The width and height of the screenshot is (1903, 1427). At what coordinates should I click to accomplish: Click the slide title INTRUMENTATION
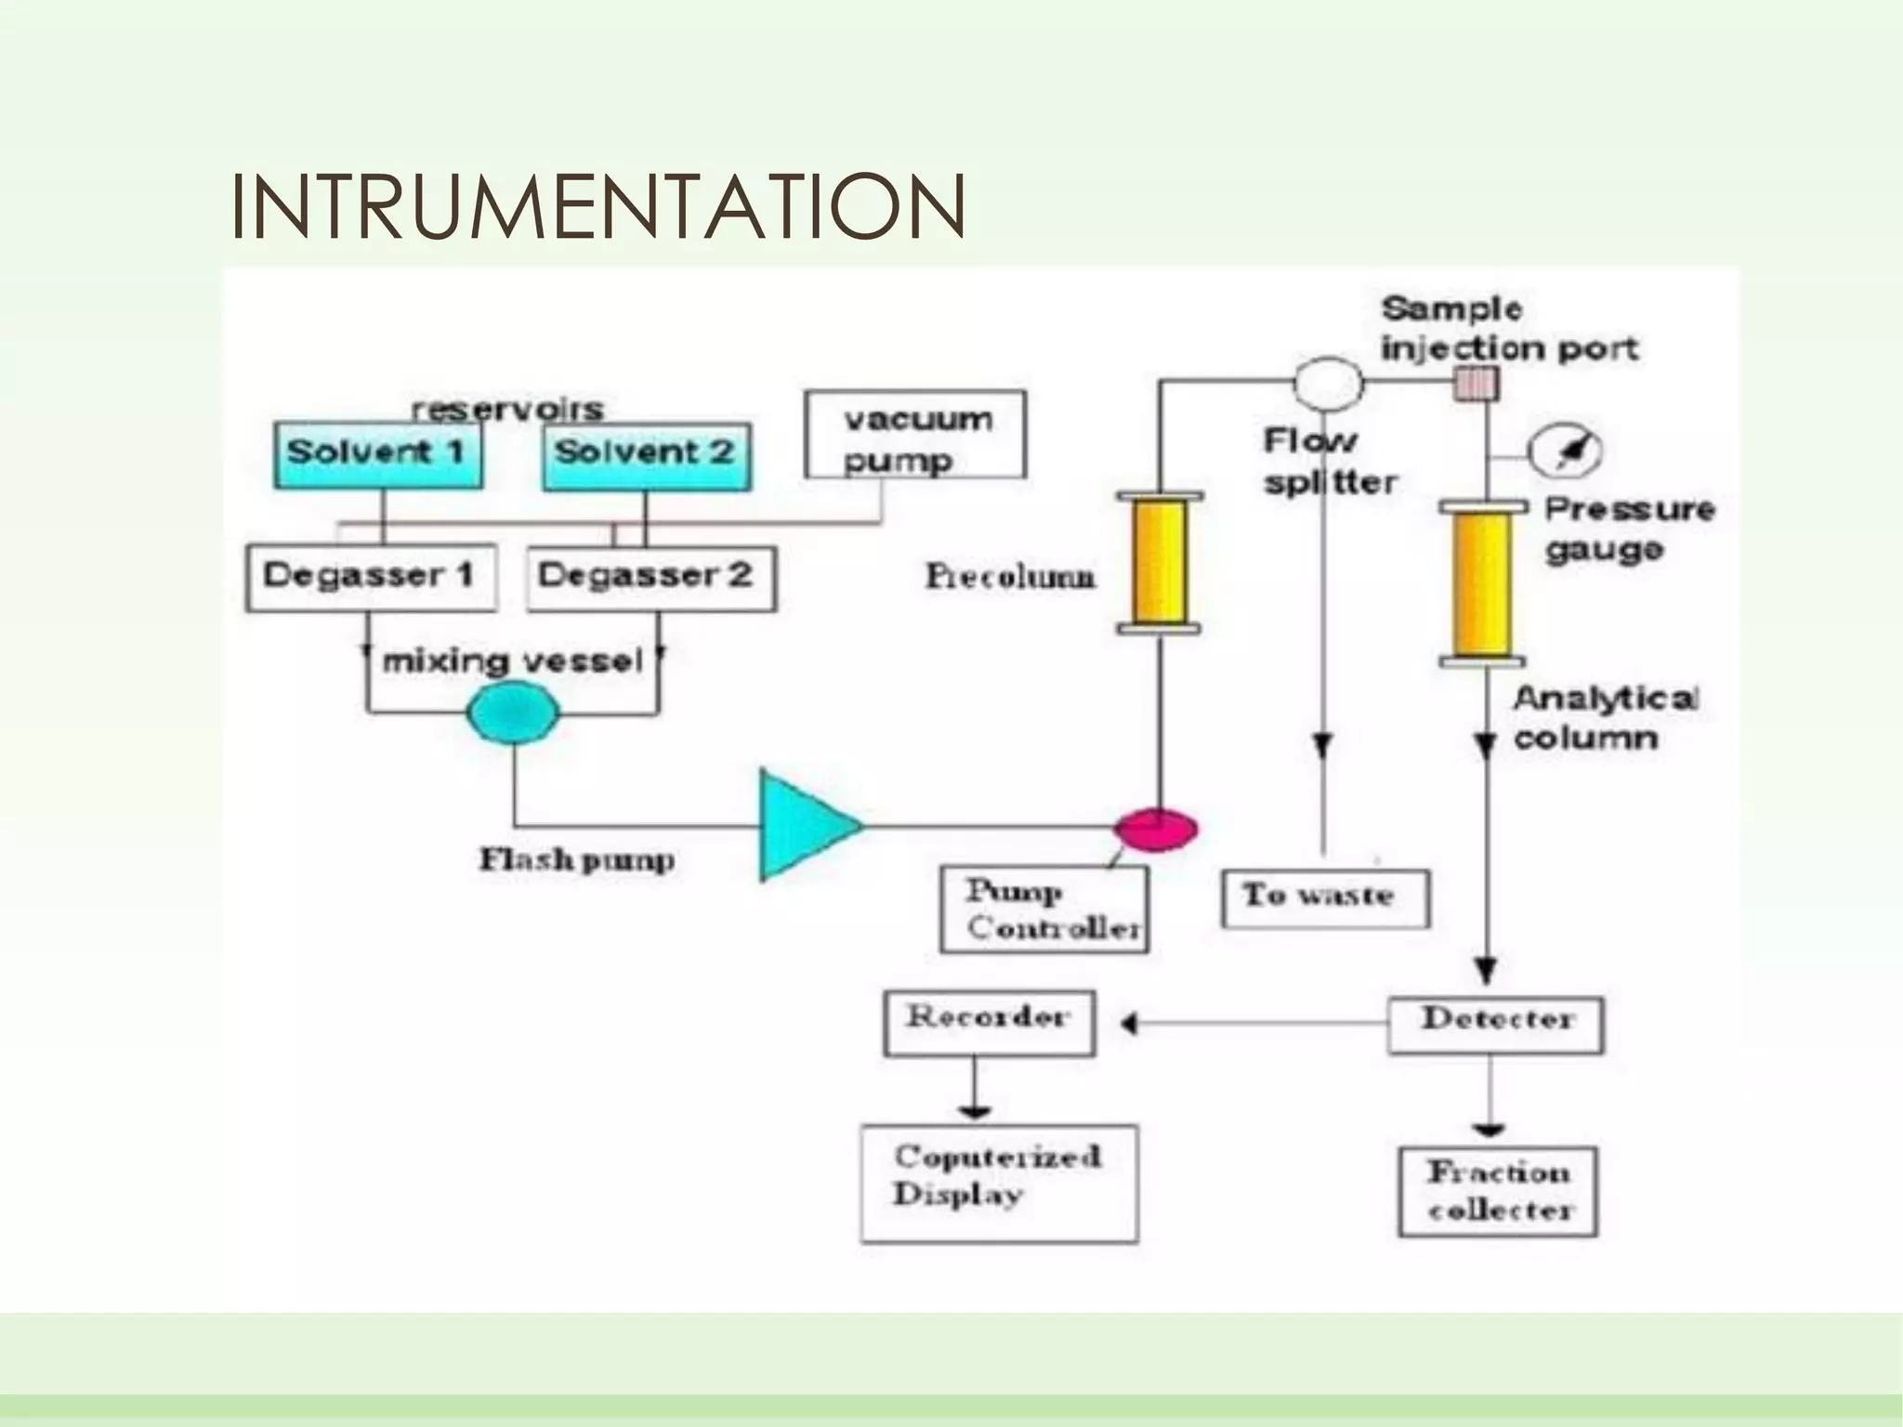click(597, 206)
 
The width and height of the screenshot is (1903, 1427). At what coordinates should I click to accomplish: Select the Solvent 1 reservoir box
click(377, 455)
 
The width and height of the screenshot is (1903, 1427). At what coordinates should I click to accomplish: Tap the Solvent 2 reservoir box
click(647, 456)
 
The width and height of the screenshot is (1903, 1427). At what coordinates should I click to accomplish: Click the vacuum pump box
click(915, 435)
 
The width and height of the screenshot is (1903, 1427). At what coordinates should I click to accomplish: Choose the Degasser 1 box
click(370, 577)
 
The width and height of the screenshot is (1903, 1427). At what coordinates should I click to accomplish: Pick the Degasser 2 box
click(650, 577)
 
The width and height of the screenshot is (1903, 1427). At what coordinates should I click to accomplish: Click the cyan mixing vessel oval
click(512, 713)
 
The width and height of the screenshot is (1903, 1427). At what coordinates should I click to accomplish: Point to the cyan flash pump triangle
click(801, 824)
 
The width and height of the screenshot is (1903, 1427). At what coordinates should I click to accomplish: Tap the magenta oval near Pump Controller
click(1156, 828)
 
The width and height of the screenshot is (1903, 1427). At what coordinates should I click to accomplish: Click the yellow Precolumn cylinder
click(1159, 563)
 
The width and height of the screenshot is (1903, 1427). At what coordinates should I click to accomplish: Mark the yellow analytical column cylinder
click(1482, 583)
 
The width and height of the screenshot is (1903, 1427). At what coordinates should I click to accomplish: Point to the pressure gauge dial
click(1567, 452)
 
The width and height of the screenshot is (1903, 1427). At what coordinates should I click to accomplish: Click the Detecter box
click(1495, 1025)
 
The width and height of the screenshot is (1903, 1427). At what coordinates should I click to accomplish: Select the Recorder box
click(989, 1023)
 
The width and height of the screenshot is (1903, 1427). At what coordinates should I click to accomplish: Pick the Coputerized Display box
click(999, 1183)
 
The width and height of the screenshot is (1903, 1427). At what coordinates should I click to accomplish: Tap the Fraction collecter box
click(1498, 1191)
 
